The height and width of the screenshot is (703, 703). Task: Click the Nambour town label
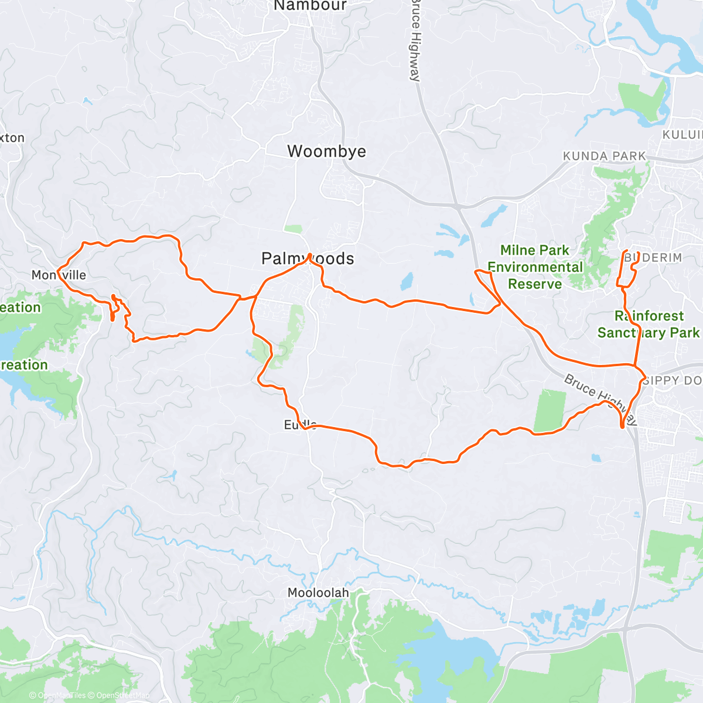310,6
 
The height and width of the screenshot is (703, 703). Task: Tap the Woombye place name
326,151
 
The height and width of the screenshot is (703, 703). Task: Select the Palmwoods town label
308,258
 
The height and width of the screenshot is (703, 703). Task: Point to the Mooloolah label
318,593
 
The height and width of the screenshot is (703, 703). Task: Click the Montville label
59,275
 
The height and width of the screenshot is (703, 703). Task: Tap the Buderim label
653,258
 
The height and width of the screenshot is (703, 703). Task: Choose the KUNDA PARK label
604,156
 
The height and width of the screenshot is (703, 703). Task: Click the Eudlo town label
301,425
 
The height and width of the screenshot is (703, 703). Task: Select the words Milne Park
534,250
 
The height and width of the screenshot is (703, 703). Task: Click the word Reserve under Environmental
534,284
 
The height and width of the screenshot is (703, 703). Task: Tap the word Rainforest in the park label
649,316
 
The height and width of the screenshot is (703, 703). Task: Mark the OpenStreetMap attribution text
122,695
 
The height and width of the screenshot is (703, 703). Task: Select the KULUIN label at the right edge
682,135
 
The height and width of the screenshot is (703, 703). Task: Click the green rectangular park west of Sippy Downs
550,411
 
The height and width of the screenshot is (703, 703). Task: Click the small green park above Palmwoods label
293,229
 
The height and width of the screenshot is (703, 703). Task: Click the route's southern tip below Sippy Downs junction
622,427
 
